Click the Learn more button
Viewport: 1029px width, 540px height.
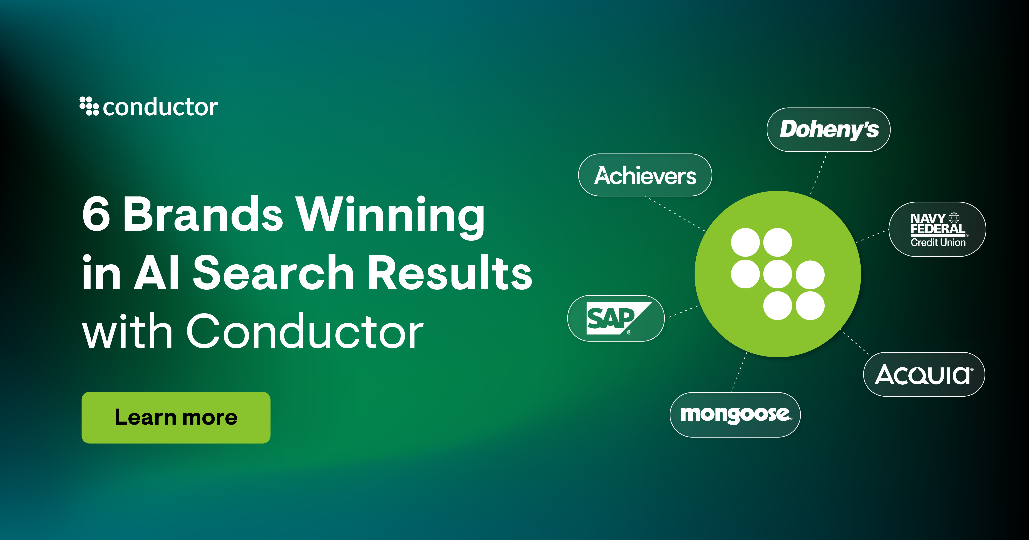coord(176,417)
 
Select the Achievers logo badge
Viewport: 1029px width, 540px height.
coord(645,175)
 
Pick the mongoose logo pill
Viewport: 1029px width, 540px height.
coord(735,415)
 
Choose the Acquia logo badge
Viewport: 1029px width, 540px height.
coord(924,374)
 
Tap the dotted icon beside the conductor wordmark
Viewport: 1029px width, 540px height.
coord(89,106)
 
